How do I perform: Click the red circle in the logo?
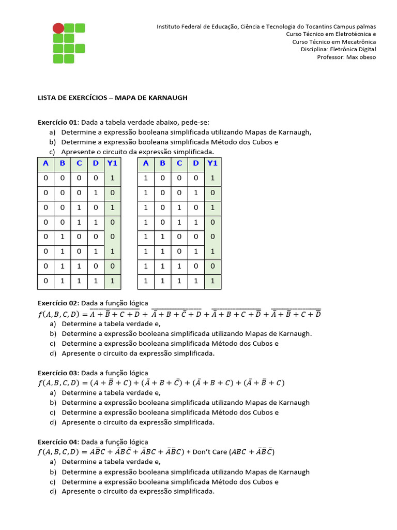(x=58, y=28)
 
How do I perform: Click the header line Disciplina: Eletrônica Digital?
(x=338, y=49)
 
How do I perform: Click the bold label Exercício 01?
(x=57, y=122)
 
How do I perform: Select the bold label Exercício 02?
(x=57, y=303)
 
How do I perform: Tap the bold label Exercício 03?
(x=57, y=373)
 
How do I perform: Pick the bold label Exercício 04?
(x=57, y=442)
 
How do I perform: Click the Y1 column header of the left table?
(x=112, y=164)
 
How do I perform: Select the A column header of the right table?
(x=146, y=164)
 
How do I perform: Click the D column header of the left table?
(x=96, y=164)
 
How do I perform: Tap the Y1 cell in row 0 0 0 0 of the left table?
(x=112, y=178)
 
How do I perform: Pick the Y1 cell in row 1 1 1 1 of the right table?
(x=212, y=282)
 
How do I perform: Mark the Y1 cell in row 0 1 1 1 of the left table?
(x=112, y=282)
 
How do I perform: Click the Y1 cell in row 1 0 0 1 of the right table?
(x=212, y=193)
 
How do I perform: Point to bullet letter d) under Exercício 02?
(x=53, y=353)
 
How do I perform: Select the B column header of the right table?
(x=162, y=164)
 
